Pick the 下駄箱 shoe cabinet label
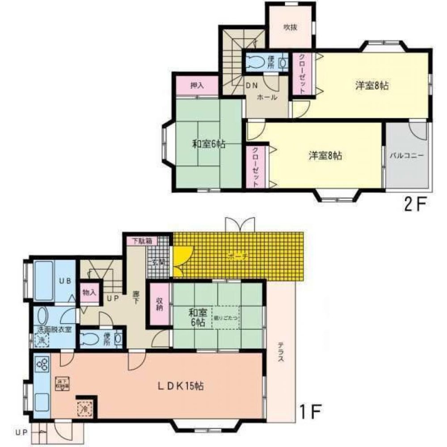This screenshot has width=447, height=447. coord(142,240)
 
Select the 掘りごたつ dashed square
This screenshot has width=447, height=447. coord(226,318)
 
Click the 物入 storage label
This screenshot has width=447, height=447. coord(89,293)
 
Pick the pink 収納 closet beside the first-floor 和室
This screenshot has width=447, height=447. coord(159,304)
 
